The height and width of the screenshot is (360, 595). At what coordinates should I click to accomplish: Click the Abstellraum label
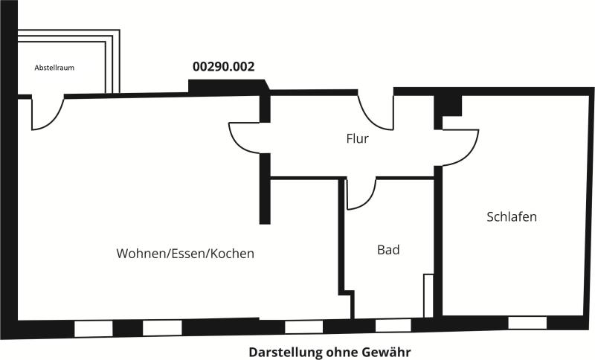54,68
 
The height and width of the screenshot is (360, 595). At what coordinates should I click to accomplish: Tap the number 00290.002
224,67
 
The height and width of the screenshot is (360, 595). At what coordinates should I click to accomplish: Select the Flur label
357,138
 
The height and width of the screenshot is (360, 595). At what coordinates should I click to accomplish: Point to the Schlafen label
512,216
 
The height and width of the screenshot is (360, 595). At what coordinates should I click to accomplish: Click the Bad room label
388,250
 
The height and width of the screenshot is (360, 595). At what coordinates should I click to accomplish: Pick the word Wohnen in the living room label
142,254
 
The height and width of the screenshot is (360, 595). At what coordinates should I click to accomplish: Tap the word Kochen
232,254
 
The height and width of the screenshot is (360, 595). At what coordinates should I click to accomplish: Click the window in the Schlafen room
527,323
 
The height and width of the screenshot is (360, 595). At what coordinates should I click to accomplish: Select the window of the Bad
393,326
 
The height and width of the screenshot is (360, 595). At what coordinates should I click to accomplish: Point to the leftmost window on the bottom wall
94,329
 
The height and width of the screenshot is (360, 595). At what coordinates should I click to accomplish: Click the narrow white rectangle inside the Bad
428,295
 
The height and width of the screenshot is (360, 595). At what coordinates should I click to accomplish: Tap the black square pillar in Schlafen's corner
448,106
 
